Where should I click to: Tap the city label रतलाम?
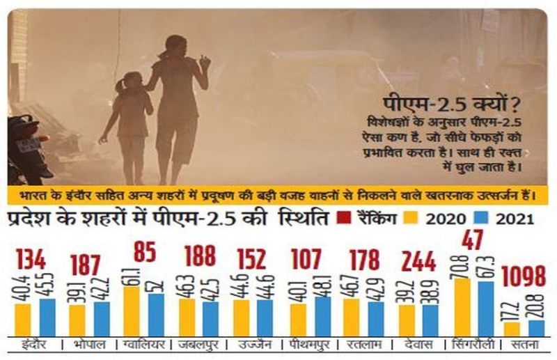tap(361, 345)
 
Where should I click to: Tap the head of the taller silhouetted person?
tap(175, 46)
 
